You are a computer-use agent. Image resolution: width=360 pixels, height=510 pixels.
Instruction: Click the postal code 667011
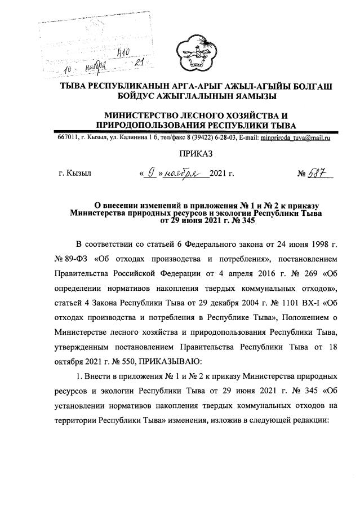[68, 138]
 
